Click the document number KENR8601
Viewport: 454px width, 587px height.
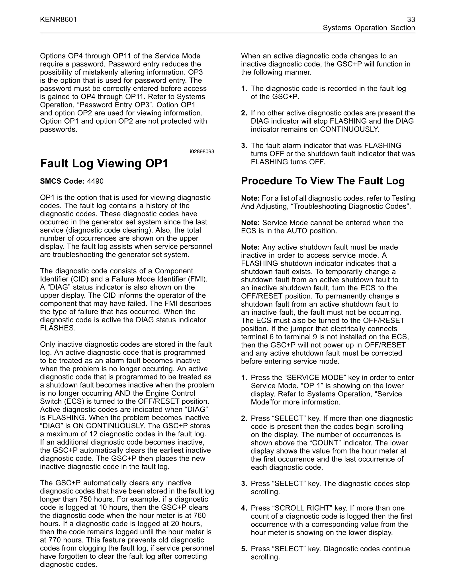click(x=58, y=20)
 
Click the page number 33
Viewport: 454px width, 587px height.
click(x=411, y=20)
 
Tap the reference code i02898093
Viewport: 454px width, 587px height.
click(x=202, y=152)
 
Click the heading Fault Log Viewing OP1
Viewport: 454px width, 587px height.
click(x=104, y=163)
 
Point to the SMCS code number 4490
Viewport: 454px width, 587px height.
click(x=95, y=181)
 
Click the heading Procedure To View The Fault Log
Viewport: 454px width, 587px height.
click(x=323, y=181)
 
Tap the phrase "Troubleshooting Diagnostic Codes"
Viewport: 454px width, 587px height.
click(x=350, y=206)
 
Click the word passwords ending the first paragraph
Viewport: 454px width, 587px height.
click(x=58, y=129)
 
